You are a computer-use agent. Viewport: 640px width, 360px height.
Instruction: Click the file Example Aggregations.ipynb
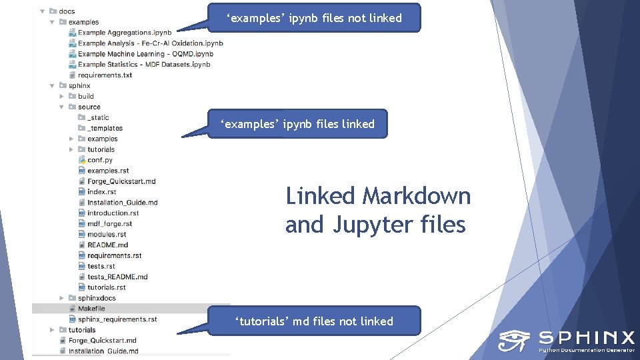point(124,33)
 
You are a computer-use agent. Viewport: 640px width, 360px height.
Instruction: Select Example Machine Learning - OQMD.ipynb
point(145,54)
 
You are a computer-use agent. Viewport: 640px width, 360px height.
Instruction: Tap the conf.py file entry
point(100,160)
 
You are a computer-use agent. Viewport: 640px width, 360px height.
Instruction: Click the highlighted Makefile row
point(91,309)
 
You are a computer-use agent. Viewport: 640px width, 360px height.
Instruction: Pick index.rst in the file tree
point(101,192)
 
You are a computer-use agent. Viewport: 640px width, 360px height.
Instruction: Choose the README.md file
point(107,245)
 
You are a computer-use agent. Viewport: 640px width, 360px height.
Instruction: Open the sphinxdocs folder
point(97,298)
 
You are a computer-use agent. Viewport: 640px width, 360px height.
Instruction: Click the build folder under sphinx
point(86,96)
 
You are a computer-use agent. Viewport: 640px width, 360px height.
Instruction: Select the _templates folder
point(105,128)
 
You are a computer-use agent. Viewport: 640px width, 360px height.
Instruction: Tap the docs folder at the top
point(67,11)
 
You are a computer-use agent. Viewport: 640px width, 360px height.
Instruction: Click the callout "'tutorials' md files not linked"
point(314,321)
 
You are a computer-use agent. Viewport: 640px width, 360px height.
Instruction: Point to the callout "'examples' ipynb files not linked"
point(315,18)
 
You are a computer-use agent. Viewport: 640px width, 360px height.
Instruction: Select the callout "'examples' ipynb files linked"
point(297,124)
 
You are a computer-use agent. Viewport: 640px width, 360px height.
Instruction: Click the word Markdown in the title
point(416,196)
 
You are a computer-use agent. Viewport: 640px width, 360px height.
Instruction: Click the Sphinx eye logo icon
point(513,341)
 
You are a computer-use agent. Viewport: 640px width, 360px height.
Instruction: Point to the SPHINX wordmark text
point(586,337)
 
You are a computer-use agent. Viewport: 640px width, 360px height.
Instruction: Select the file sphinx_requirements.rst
point(117,319)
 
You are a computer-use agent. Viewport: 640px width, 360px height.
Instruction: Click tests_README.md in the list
point(117,277)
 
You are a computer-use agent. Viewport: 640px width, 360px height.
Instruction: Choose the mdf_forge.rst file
point(109,224)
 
